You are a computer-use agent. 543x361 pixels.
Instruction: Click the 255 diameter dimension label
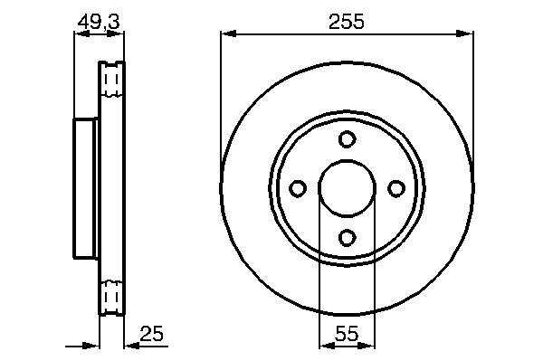click(x=347, y=22)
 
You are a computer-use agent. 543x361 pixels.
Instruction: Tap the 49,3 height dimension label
click(x=99, y=22)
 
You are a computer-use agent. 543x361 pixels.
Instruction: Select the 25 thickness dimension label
click(x=151, y=334)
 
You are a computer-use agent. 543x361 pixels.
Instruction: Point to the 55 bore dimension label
click(x=347, y=334)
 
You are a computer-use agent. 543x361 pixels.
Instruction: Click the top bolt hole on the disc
click(x=347, y=139)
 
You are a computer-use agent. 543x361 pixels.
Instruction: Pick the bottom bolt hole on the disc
click(x=347, y=237)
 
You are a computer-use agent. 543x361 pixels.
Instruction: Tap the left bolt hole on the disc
click(x=298, y=188)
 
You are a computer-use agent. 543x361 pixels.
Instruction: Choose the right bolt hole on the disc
click(x=396, y=188)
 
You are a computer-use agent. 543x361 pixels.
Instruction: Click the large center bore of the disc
click(x=347, y=188)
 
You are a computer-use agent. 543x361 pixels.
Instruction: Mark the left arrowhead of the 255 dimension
click(x=229, y=33)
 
